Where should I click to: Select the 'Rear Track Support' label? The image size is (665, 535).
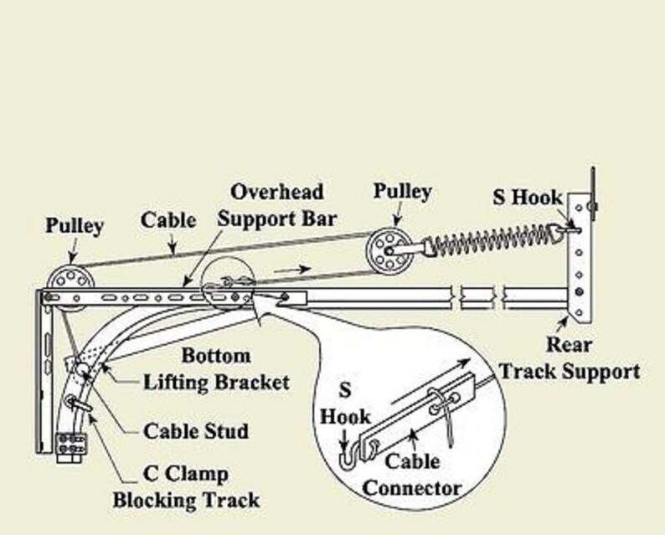(x=570, y=357)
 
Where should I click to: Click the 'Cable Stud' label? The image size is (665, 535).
(x=196, y=432)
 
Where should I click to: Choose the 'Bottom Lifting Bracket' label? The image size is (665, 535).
(x=215, y=368)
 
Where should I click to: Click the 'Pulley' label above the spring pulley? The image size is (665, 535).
(x=404, y=192)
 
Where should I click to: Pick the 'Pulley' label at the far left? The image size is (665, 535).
(x=75, y=226)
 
